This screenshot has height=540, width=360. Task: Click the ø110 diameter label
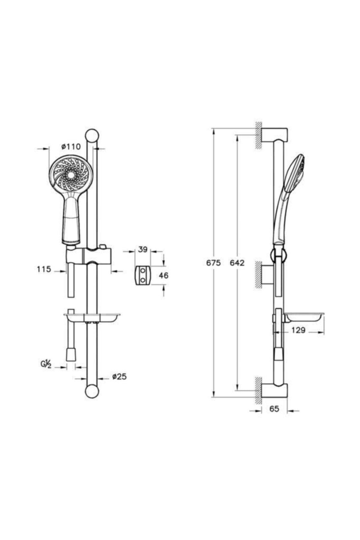coord(71,147)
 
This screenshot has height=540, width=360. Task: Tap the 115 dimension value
coord(44,269)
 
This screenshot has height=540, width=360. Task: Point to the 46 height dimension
coord(163,275)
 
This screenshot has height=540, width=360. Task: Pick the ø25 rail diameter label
coord(119,377)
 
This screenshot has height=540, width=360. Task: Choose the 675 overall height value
coord(213,263)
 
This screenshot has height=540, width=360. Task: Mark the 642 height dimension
coord(237,263)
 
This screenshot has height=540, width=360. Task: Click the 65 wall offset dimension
coord(274,409)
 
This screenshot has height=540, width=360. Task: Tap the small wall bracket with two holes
coord(142,275)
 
